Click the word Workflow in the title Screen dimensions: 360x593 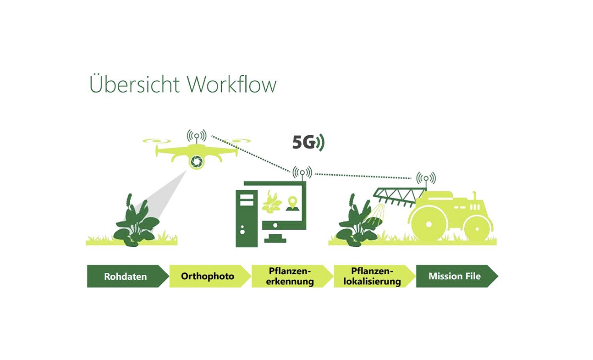point(232,85)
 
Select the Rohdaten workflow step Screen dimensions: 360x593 point(125,277)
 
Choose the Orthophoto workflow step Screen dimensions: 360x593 point(208,277)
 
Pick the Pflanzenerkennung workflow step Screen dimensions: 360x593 point(291,277)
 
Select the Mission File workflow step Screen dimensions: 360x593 point(454,277)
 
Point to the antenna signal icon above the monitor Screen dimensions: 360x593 point(302,172)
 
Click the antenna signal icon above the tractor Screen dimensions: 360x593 point(426,178)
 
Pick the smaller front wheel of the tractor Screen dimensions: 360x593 point(477,227)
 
